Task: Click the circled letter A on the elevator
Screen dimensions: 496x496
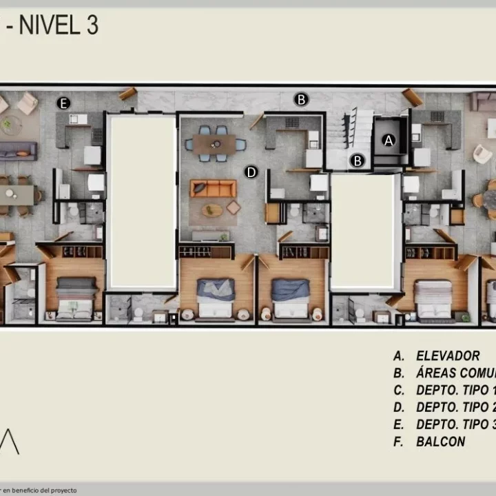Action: (x=389, y=140)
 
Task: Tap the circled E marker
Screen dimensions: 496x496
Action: (x=63, y=103)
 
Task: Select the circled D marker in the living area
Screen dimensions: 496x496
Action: (x=251, y=172)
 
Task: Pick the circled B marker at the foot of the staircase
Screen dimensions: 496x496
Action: (x=357, y=161)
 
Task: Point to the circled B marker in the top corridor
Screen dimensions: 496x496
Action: (x=301, y=99)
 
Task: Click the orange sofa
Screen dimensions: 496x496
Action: (x=213, y=188)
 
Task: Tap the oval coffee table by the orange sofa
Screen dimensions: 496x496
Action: (x=212, y=209)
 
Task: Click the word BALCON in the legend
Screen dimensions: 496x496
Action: (x=440, y=442)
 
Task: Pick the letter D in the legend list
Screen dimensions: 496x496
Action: (x=398, y=408)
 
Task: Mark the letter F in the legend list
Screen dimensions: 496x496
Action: (x=398, y=442)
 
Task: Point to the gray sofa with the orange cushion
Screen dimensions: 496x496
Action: (x=17, y=151)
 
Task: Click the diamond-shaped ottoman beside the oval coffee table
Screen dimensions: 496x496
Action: (x=234, y=207)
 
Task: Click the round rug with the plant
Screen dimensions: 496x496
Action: (x=10, y=125)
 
